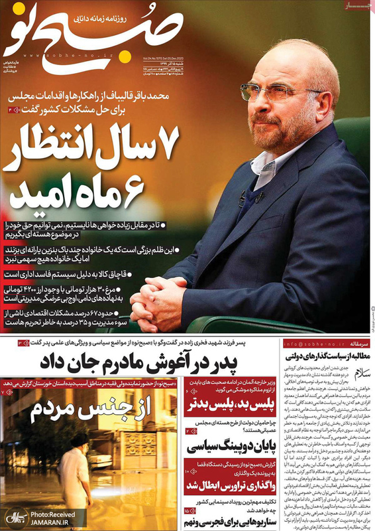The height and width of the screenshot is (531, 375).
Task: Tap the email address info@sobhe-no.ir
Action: tap(311, 345)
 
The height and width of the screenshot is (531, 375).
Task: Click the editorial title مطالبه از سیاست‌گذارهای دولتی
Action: tap(326, 358)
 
